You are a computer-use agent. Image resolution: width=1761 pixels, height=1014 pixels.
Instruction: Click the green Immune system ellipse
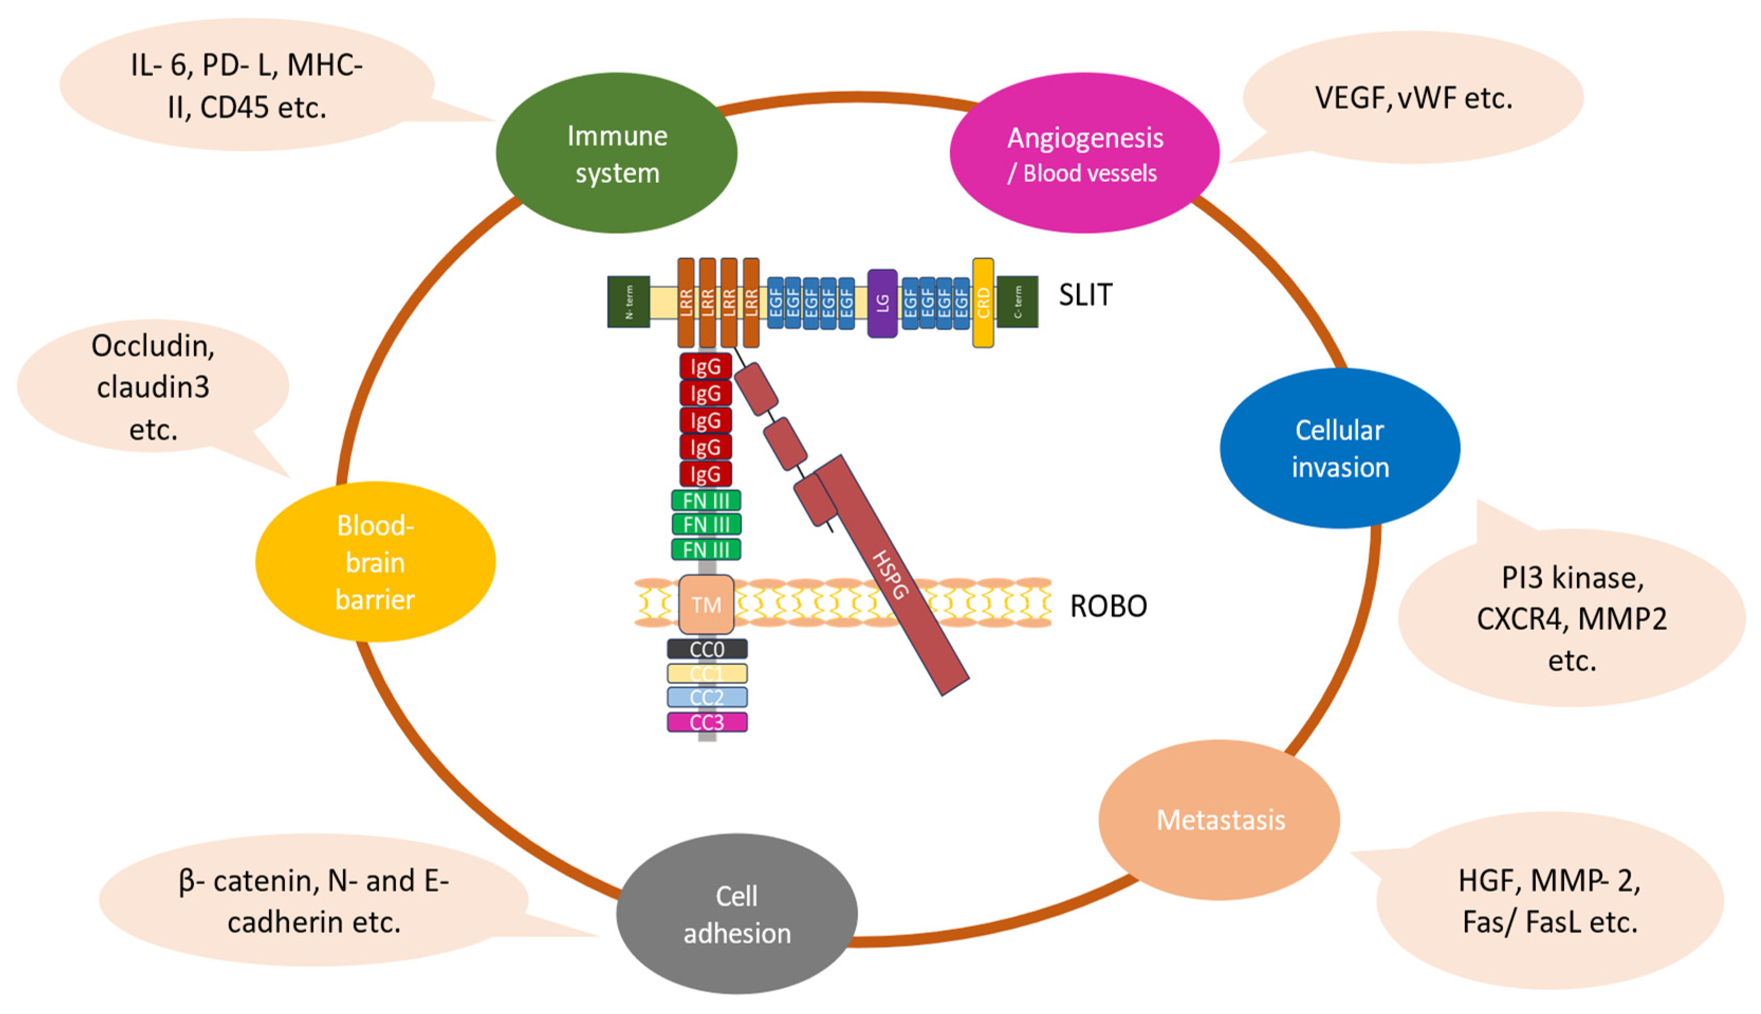[x=617, y=153]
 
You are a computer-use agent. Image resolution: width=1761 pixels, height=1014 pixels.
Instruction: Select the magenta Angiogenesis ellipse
[x=1084, y=153]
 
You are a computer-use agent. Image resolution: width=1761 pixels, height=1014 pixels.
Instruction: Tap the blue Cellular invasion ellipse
[x=1340, y=448]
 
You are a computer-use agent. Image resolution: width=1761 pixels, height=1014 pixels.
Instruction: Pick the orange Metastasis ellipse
[x=1220, y=820]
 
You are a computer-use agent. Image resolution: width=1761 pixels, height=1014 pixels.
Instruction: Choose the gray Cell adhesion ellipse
[x=736, y=913]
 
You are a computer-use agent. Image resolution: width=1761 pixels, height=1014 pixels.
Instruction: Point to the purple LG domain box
[x=882, y=303]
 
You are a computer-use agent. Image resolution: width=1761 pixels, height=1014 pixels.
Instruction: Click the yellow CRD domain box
[x=983, y=303]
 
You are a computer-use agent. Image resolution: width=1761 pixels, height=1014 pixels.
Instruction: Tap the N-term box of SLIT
[x=629, y=302]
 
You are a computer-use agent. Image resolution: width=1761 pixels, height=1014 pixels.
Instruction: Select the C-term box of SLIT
[x=1017, y=302]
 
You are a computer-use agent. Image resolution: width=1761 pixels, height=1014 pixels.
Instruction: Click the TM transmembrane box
[x=706, y=604]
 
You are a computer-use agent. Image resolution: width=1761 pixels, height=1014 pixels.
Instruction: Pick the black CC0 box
[x=707, y=649]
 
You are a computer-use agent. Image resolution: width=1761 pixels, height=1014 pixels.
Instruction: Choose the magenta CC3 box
[x=707, y=722]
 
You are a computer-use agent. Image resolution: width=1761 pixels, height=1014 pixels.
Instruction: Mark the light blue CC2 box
[x=707, y=697]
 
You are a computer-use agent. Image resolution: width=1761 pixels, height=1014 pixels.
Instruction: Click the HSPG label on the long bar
[x=890, y=574]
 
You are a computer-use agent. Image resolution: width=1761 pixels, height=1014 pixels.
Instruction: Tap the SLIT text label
[x=1085, y=295]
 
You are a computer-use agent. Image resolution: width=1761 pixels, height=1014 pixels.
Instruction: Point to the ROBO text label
[x=1108, y=606]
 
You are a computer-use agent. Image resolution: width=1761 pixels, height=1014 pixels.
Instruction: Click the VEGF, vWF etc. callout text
[x=1413, y=98]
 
